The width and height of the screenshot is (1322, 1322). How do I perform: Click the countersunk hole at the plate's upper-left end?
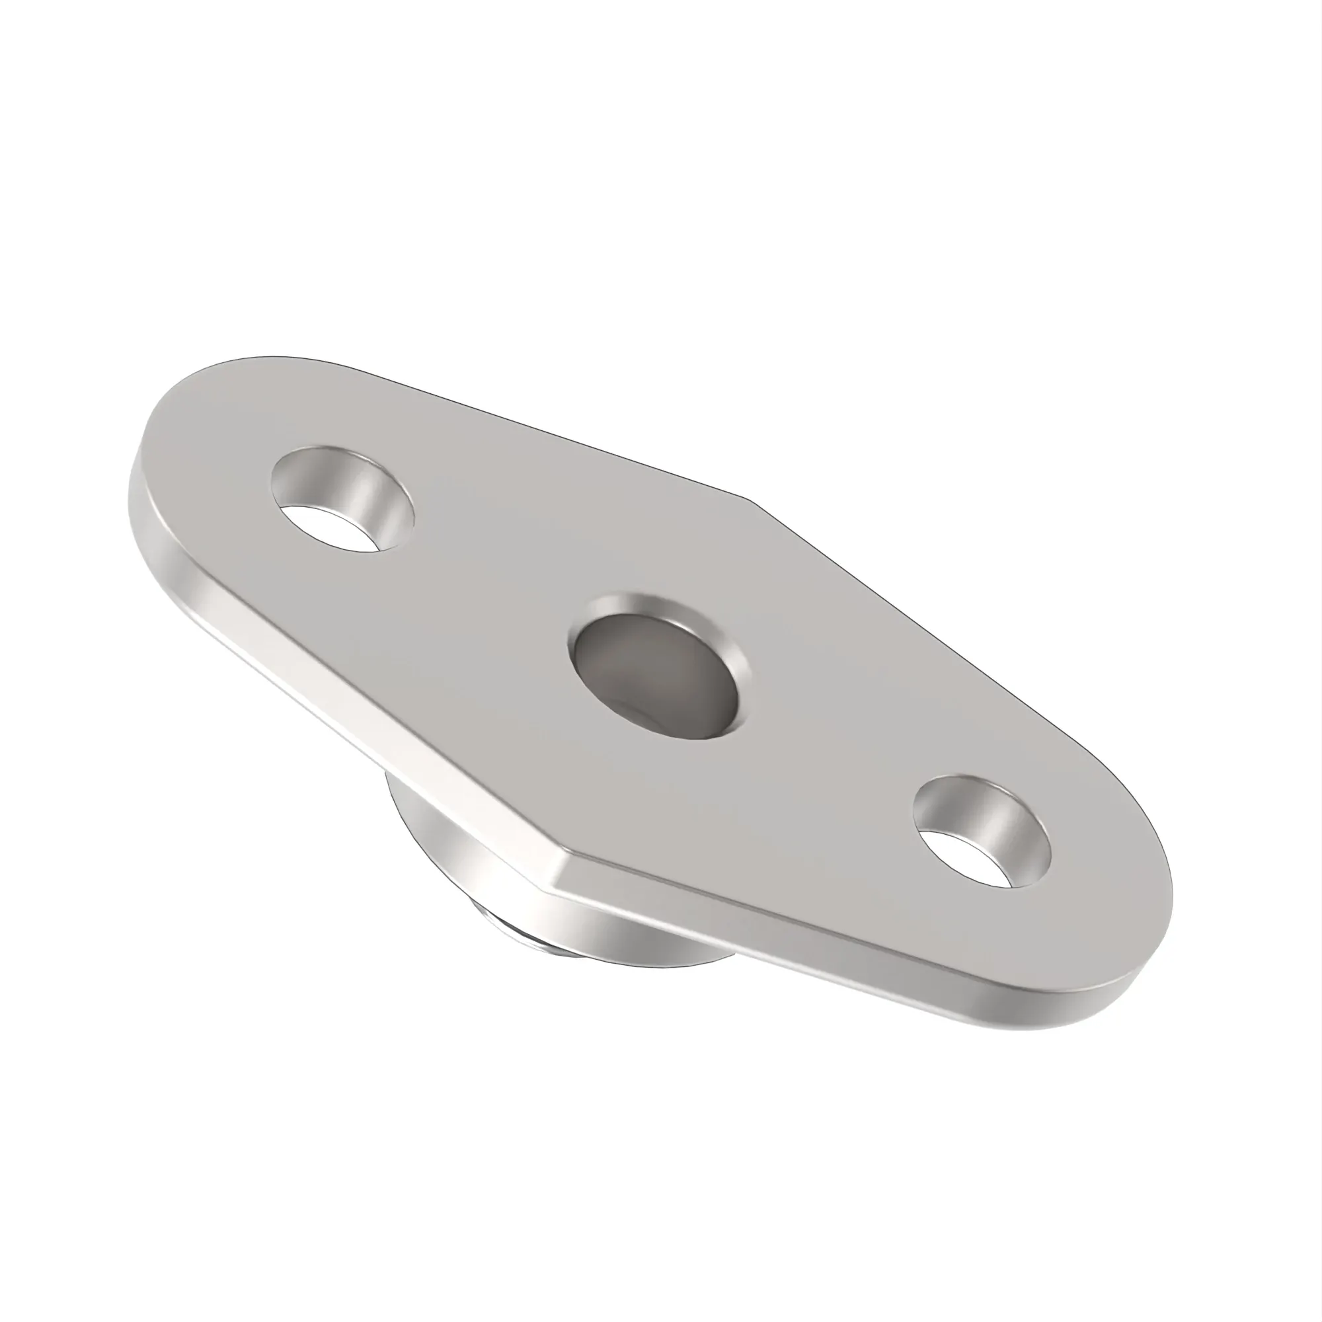[342, 498]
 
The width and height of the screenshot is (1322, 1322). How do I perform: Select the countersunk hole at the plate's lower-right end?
[983, 832]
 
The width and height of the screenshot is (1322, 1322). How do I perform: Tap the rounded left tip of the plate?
[137, 472]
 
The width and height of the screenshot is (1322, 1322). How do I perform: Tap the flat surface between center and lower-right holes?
[821, 753]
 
